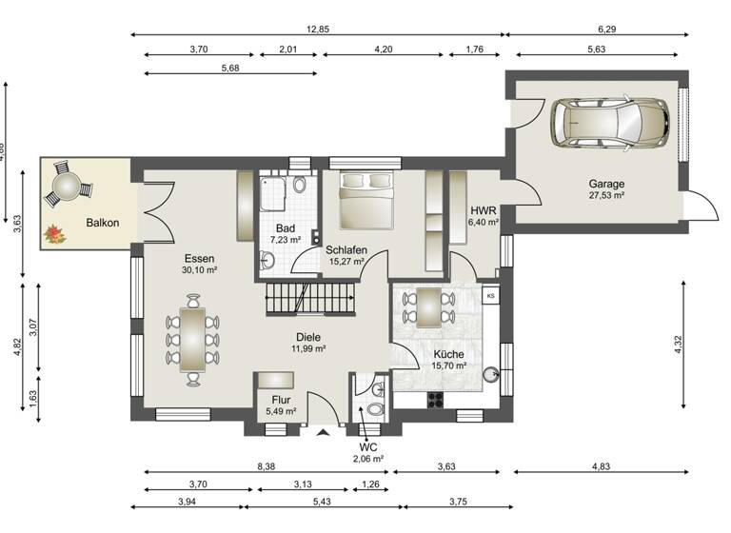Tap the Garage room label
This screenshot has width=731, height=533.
[x=605, y=184]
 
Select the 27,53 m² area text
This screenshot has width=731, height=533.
[x=605, y=195]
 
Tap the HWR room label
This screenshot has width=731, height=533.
[x=482, y=210]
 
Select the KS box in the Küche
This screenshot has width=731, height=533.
[x=491, y=296]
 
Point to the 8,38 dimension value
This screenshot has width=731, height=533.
[x=267, y=466]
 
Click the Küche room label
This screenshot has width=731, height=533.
[x=447, y=354]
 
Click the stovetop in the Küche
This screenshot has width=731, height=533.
[x=438, y=398]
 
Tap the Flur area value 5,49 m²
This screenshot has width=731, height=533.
[x=281, y=412]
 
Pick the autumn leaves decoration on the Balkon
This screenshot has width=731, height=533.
[x=54, y=232]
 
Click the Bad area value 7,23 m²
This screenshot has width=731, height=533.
[x=286, y=241]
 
